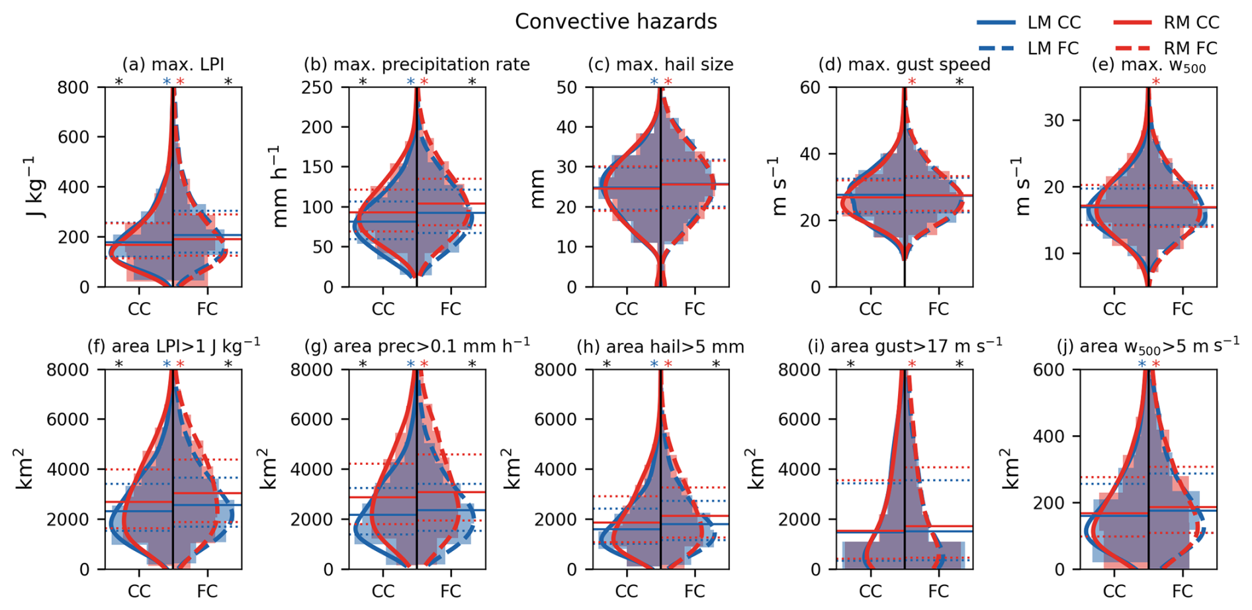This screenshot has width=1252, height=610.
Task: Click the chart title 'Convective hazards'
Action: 615,22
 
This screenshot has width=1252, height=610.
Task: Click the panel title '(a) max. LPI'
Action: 173,64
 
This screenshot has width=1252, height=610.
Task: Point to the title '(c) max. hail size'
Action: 660,64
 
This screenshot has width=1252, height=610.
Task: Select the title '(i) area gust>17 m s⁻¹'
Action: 905,346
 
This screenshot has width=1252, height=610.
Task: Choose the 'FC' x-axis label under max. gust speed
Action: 938,309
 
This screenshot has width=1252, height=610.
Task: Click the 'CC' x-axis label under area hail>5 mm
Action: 626,591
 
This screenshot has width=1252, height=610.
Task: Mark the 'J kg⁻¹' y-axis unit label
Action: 38,188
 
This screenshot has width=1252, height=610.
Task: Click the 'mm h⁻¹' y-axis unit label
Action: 281,187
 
